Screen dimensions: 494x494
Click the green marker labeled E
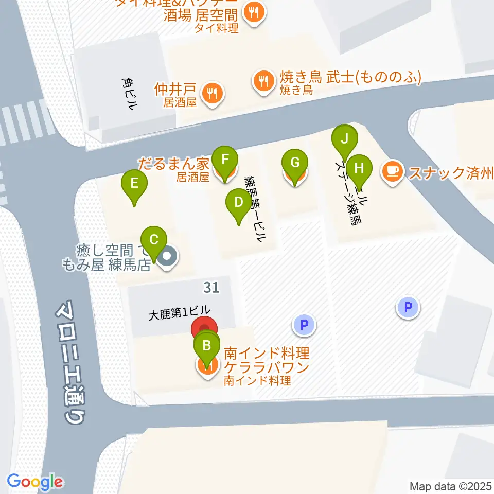click(134, 184)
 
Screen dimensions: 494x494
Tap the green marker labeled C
click(154, 240)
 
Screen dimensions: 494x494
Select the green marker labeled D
click(238, 202)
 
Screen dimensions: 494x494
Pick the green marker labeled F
click(225, 159)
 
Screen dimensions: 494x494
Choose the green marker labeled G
click(295, 164)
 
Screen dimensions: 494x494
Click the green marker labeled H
click(359, 168)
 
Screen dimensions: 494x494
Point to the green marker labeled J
click(345, 139)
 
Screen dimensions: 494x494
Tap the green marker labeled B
click(207, 345)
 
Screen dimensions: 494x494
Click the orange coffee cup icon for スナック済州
click(393, 172)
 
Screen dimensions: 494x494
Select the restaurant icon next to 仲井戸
click(211, 94)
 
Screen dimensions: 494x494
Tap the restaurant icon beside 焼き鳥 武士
click(263, 80)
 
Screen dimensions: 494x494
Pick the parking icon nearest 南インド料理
click(304, 325)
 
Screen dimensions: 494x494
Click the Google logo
click(35, 481)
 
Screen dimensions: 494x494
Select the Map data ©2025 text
click(451, 486)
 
